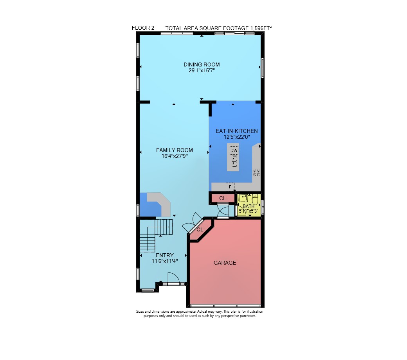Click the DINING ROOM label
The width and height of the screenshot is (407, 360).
(202, 64)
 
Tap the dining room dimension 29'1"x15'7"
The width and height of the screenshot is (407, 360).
(202, 70)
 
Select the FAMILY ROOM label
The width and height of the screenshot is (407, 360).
(175, 150)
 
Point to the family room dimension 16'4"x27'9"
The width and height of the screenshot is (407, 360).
(175, 156)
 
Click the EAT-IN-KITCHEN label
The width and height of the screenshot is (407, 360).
(237, 131)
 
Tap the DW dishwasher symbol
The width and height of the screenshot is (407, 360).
(234, 150)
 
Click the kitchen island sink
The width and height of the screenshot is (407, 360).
(234, 161)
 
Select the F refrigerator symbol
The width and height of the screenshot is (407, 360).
(230, 187)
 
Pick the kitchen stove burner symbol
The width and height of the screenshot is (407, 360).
(256, 172)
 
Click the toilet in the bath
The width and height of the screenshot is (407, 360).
(255, 200)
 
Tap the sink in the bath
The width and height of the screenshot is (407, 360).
(243, 198)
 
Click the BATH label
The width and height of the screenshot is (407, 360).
(249, 206)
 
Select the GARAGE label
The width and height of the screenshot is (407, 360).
(225, 263)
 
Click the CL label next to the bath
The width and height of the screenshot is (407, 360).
(222, 199)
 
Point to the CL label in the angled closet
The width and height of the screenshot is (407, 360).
(200, 230)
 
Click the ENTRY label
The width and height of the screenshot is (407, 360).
(165, 255)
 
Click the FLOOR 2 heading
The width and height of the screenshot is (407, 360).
(143, 28)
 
